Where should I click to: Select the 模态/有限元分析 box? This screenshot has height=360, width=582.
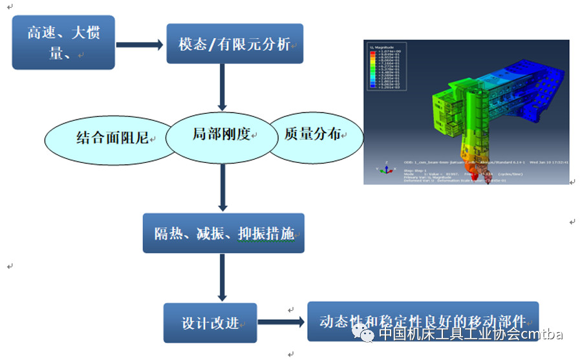[234, 44]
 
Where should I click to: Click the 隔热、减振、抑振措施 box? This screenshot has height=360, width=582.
[223, 233]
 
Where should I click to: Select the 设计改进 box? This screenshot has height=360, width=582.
[210, 323]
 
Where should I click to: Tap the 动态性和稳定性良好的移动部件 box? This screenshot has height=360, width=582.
[422, 321]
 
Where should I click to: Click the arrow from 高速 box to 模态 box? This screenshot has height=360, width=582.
[140, 45]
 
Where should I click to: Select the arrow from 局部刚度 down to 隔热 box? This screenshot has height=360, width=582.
[222, 187]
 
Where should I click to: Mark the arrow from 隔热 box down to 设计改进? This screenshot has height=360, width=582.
[222, 278]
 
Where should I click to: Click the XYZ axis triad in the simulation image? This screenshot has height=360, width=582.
[385, 169]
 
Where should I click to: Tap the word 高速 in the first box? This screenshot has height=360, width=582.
[41, 33]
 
